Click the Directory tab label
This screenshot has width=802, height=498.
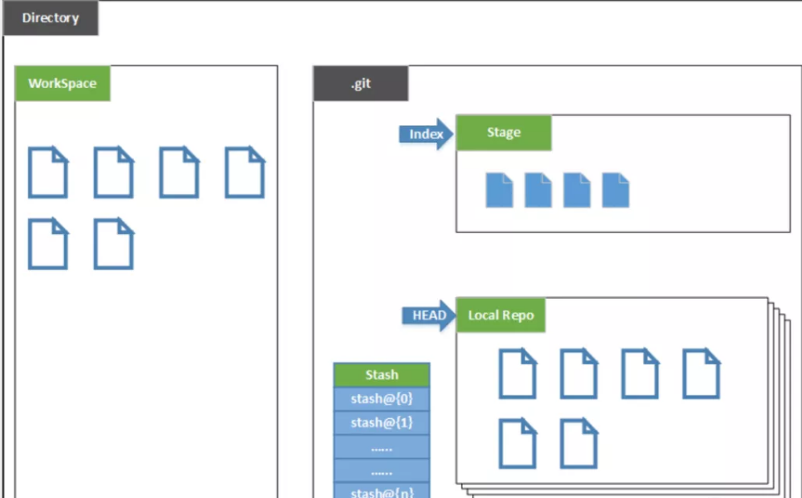50,18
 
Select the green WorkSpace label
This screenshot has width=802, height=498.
62,84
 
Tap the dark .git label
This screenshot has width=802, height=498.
361,84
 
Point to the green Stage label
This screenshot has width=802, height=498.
504,133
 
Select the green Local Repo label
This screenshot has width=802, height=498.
500,315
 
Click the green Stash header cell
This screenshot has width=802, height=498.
381,375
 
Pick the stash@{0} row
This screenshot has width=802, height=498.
381,399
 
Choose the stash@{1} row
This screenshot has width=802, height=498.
381,423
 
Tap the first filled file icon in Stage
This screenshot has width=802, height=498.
499,190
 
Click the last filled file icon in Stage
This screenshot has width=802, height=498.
616,190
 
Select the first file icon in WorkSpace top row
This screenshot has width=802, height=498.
48,173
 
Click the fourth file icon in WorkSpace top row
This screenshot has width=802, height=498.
245,173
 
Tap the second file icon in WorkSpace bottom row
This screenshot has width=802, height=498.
114,244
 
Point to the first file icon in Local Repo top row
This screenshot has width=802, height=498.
518,373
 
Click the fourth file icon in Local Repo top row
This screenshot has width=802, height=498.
701,373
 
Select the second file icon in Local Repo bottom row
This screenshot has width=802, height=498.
579,443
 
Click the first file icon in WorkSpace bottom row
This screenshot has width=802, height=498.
48,244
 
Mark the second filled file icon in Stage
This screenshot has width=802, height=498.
539,190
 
